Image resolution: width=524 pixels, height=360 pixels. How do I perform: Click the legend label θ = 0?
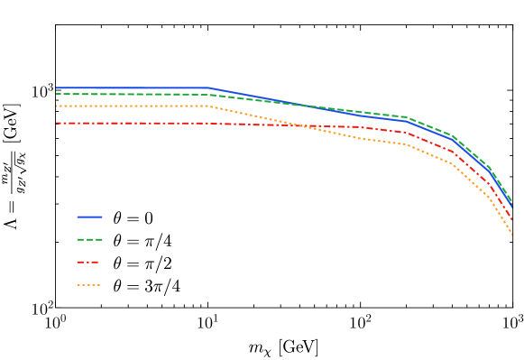[133, 217]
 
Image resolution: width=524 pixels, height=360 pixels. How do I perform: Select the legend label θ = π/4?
[142, 240]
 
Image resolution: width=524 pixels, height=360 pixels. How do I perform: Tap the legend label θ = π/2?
[142, 263]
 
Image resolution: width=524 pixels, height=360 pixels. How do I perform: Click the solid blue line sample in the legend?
[89, 217]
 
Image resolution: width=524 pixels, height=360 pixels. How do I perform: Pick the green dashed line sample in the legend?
[89, 240]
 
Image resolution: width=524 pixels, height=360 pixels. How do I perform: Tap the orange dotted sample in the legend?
[89, 286]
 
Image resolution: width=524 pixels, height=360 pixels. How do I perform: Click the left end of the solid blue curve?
[56, 88]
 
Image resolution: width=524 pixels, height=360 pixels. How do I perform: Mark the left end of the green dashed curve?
[56, 94]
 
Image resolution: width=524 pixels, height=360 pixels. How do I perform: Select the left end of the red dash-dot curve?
[56, 123]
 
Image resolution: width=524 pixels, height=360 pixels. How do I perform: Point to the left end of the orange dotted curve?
[56, 106]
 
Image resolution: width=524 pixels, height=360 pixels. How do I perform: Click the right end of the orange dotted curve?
[512, 235]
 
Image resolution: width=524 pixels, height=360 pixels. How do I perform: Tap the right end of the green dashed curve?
[512, 201]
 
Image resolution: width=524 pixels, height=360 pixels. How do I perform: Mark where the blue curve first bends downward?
[210, 88]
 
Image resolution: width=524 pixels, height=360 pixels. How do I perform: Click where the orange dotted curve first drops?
[209, 106]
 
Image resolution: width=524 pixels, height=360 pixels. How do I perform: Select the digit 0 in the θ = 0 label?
[148, 217]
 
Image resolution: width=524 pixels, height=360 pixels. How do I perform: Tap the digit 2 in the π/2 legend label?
[168, 263]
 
